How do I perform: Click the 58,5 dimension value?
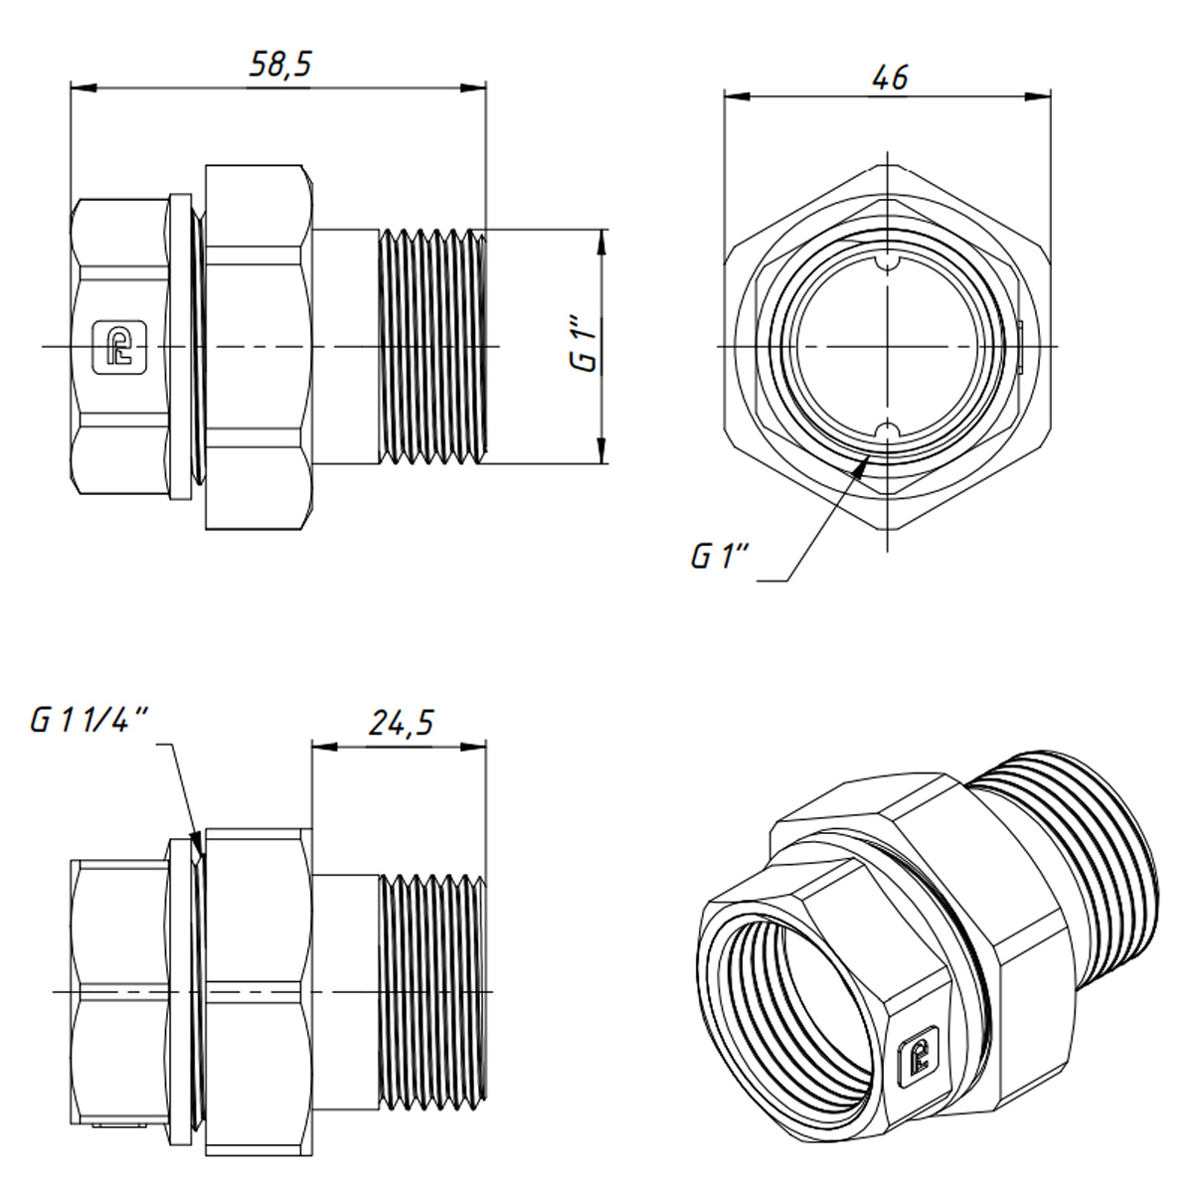click(x=279, y=66)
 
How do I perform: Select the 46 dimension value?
click(x=889, y=77)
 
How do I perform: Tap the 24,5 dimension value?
click(x=401, y=723)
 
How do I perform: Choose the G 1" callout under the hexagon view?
click(x=719, y=557)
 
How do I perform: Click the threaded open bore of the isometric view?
click(x=795, y=994)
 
